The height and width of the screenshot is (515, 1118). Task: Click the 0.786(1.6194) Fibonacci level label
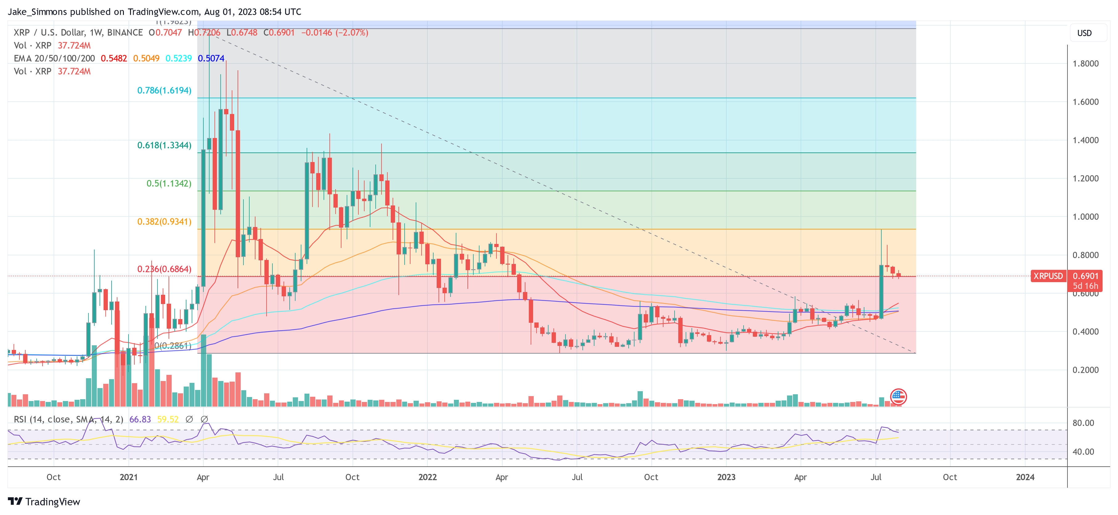(x=164, y=91)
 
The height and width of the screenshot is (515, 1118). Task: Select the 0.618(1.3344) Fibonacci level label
(x=164, y=145)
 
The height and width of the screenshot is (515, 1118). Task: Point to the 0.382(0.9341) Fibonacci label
(x=164, y=222)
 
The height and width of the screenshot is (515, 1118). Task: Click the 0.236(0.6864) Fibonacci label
(x=164, y=269)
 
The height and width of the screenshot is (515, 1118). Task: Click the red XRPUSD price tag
(x=1048, y=276)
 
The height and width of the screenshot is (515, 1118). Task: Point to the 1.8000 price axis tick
(x=1085, y=64)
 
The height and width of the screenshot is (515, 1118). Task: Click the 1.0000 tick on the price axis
(x=1085, y=217)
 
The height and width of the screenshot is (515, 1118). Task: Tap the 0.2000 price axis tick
(x=1085, y=370)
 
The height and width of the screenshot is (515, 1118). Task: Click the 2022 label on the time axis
(x=427, y=477)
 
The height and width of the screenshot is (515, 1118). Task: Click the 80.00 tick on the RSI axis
(x=1083, y=423)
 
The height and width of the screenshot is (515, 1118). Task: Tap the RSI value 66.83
(x=140, y=420)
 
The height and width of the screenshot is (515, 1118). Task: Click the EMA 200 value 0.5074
(x=211, y=59)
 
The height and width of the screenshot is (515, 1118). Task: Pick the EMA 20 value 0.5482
(x=114, y=59)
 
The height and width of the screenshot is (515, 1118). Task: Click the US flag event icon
(x=898, y=396)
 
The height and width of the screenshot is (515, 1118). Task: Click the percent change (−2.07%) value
(x=352, y=33)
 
